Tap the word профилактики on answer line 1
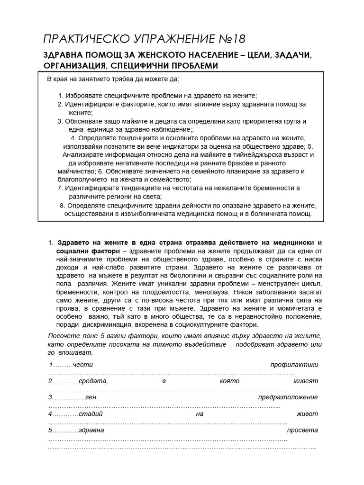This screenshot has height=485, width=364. click(x=294, y=365)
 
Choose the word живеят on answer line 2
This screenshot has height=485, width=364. click(x=305, y=381)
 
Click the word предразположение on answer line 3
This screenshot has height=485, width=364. click(x=288, y=397)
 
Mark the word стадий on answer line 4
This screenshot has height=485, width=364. click(x=91, y=413)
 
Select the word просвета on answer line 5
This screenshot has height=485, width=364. click(x=302, y=430)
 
